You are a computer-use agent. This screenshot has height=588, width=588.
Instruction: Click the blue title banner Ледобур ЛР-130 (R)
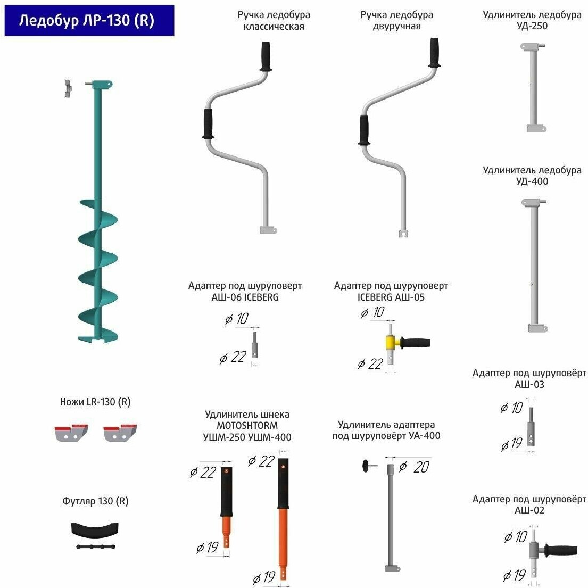pyautogui.click(x=89, y=21)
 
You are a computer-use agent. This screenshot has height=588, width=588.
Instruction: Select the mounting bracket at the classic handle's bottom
pyautogui.click(x=269, y=229)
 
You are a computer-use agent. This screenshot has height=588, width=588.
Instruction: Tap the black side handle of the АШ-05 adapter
pyautogui.click(x=416, y=343)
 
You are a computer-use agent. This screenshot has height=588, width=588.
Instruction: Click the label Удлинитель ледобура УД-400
pyautogui.click(x=532, y=176)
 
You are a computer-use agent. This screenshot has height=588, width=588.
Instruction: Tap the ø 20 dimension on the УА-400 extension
pyautogui.click(x=415, y=467)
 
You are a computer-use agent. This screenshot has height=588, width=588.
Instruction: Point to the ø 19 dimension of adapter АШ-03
pyautogui.click(x=511, y=444)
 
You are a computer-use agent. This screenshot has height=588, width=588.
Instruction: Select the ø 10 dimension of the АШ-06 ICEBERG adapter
pyautogui.click(x=236, y=319)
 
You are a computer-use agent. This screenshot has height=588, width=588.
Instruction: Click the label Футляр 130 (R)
pyautogui.click(x=95, y=501)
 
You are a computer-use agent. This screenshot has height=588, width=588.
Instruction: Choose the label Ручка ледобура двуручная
pyautogui.click(x=396, y=20)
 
